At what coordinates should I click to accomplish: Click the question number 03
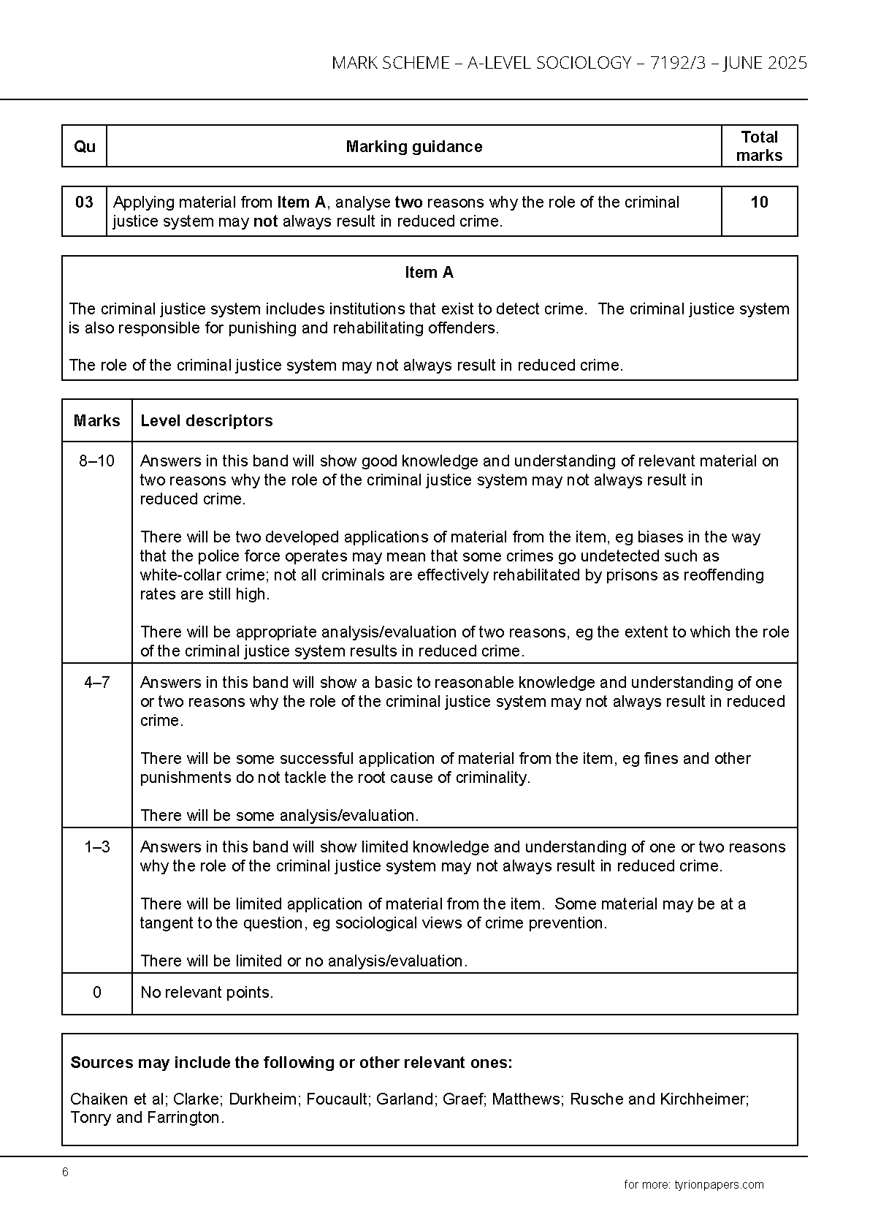tap(85, 202)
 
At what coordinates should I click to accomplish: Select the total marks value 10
tap(759, 202)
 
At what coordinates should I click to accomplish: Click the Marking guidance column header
tap(413, 146)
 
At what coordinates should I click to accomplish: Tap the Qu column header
tap(85, 146)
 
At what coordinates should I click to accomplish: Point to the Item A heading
tap(429, 273)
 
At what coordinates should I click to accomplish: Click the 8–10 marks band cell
tap(97, 461)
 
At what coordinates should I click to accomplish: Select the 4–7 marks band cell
tap(97, 683)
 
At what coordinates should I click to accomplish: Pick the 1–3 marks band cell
tap(97, 847)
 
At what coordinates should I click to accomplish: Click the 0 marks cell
tap(97, 993)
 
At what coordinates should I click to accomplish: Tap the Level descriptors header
tap(207, 421)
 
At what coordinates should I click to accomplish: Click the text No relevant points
tap(207, 993)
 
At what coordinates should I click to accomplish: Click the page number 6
tap(65, 1173)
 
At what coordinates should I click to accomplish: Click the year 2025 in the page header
tap(787, 63)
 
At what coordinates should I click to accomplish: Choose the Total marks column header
tap(759, 146)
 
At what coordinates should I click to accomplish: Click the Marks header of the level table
tap(97, 421)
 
